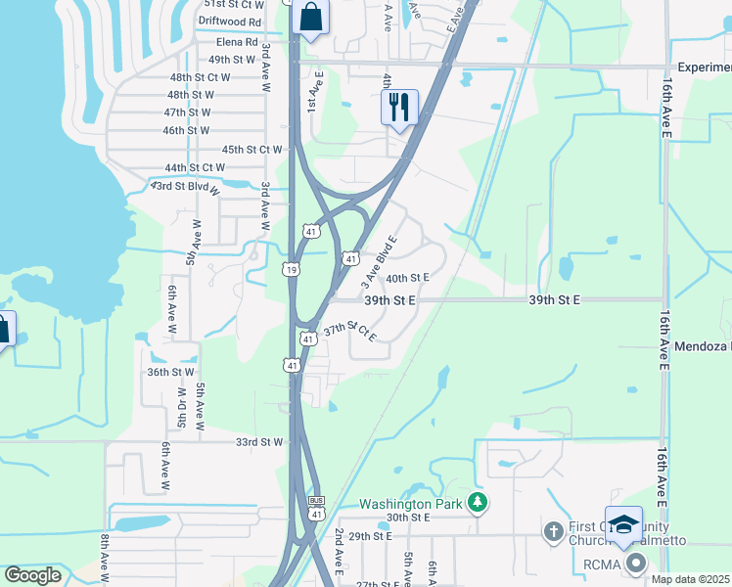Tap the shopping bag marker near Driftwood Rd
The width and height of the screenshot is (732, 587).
(310, 18)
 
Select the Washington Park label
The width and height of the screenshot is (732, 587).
(409, 504)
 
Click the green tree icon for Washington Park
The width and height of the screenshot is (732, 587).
(478, 503)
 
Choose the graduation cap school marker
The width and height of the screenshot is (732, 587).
(623, 525)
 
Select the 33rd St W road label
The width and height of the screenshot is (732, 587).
(259, 442)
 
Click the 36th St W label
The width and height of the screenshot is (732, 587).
(170, 373)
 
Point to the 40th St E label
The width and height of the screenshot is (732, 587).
(408, 279)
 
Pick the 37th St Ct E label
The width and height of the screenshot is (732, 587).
(350, 333)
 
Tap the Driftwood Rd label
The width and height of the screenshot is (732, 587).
(230, 22)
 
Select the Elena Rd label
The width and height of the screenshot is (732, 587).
(237, 42)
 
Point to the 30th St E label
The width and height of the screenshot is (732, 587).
(408, 518)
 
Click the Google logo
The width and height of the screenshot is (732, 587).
(33, 574)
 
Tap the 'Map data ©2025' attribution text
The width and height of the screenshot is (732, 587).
(690, 579)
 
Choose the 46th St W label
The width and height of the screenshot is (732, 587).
(186, 130)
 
